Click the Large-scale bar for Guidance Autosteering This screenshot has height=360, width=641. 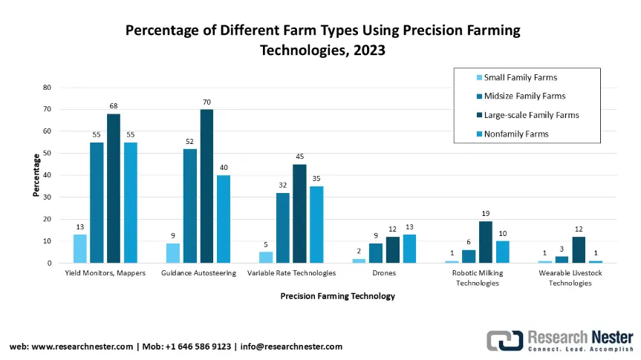(206, 186)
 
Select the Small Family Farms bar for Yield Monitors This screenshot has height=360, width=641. (79, 249)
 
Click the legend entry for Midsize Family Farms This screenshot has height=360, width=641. (524, 96)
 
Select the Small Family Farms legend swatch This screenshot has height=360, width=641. (479, 77)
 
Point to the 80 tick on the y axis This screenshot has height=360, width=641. (46, 87)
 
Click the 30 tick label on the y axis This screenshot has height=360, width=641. (46, 197)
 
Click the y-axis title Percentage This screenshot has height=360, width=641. (35, 175)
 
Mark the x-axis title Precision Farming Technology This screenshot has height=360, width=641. (337, 296)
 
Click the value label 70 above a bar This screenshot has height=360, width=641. (206, 101)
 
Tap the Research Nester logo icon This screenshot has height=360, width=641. (504, 340)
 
